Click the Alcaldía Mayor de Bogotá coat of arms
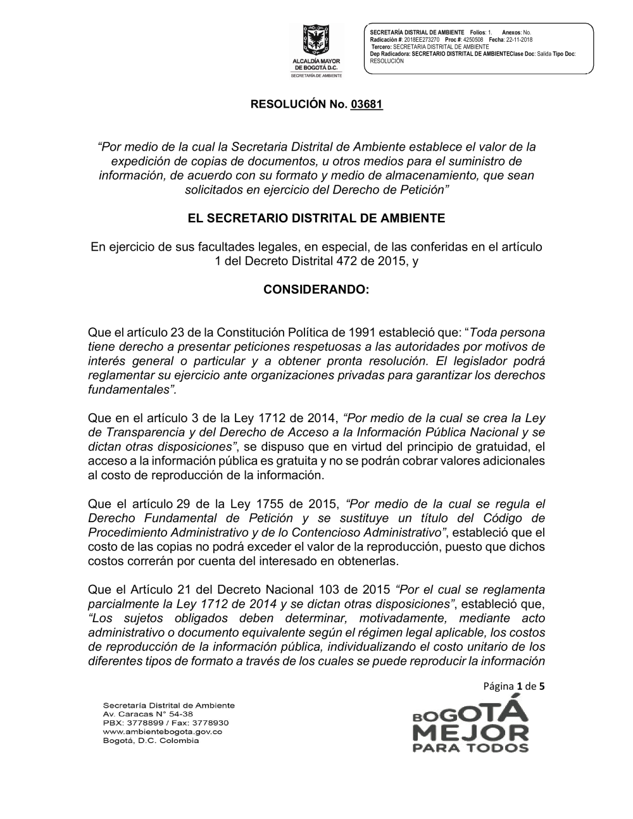coord(315,41)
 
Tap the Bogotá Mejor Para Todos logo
coord(470,722)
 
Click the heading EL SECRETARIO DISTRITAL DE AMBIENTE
coord(316,218)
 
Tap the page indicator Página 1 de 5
coord(514,685)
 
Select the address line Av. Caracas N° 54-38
coord(147,713)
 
